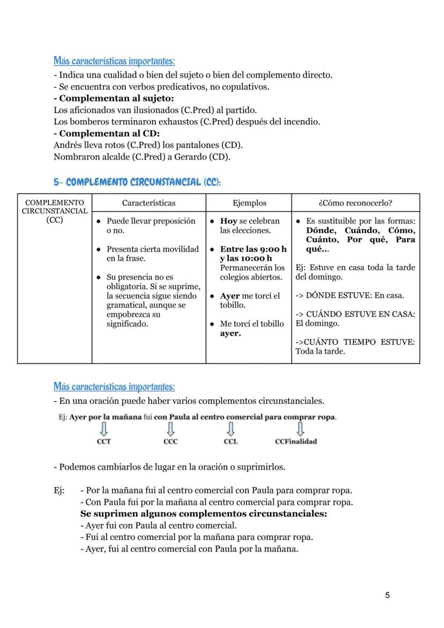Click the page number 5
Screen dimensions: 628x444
click(387, 595)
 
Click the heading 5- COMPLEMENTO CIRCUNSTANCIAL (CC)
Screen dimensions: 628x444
click(137, 182)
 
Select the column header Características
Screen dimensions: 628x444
click(149, 203)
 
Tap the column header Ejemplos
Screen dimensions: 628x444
click(249, 203)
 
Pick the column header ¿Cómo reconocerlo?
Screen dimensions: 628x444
click(355, 203)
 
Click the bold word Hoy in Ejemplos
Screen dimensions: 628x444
click(228, 221)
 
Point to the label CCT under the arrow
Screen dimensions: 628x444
click(104, 441)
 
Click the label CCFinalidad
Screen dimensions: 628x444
click(295, 441)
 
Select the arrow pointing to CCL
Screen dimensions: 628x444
click(231, 428)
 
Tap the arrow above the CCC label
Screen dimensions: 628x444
click(171, 428)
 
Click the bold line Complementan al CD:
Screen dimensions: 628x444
click(107, 134)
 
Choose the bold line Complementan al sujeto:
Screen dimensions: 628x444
click(113, 99)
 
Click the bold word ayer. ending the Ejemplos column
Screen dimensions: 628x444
click(231, 334)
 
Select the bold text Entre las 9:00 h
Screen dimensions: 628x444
click(253, 249)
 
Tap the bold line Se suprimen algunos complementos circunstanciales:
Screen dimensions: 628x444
click(203, 514)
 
